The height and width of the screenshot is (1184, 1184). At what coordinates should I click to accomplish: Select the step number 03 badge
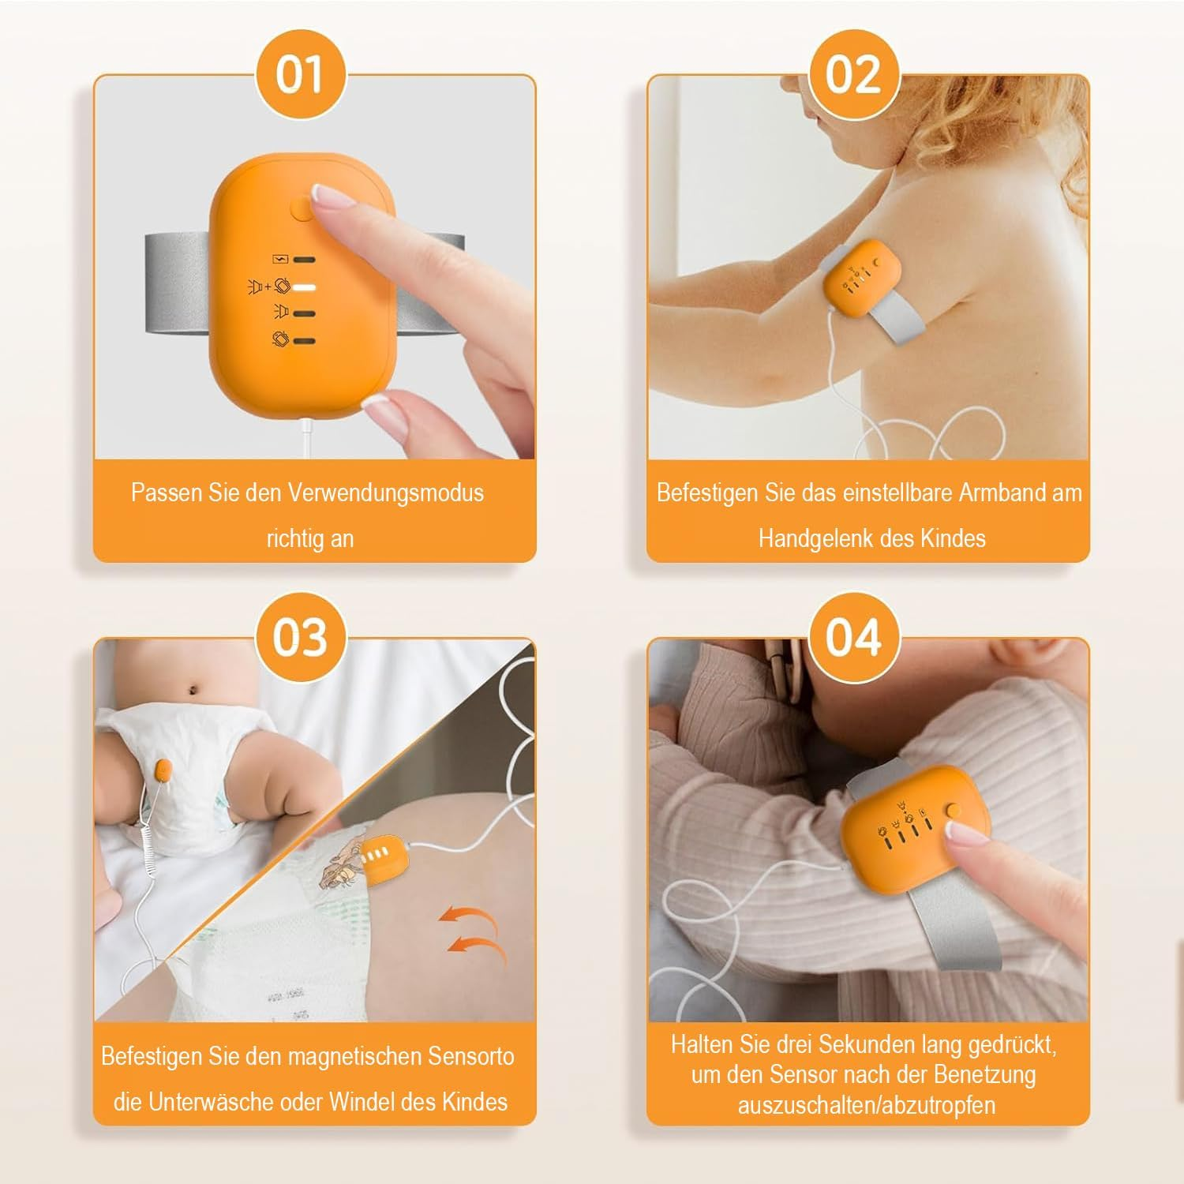tap(300, 637)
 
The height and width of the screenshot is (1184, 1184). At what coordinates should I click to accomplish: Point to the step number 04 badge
tap(852, 637)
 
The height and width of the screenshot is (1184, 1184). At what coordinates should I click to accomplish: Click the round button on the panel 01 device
tap(303, 209)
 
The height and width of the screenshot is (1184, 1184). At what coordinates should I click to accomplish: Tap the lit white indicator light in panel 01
tap(304, 286)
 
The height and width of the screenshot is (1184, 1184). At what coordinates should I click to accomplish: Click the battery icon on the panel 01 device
tap(280, 259)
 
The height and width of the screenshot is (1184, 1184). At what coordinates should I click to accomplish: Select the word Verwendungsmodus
tap(385, 493)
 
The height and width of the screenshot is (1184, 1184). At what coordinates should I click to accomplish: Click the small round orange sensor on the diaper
tap(166, 771)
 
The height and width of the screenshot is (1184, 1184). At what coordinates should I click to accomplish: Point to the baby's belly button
tap(193, 691)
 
